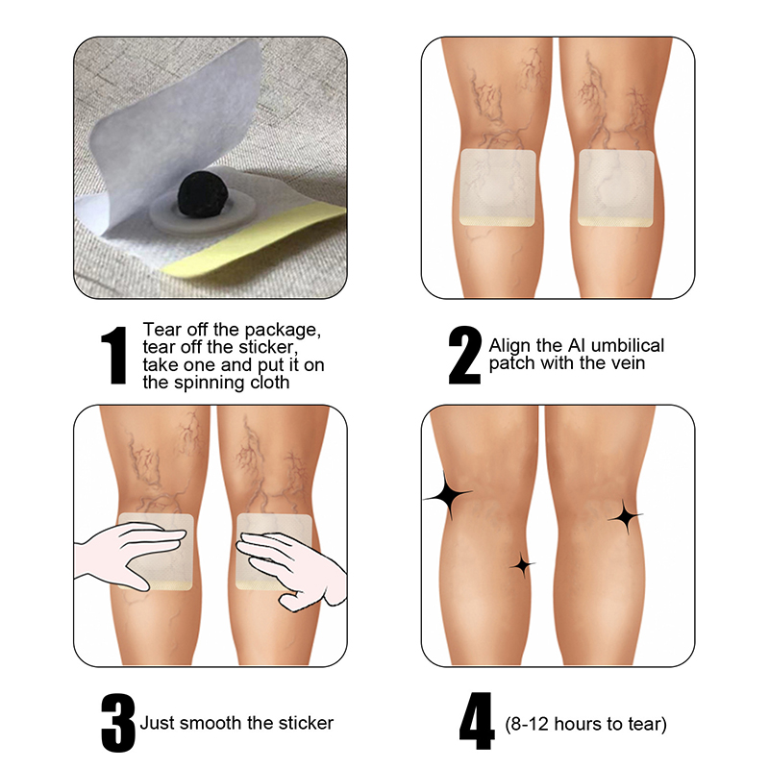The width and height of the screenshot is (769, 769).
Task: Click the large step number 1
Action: tap(113, 355)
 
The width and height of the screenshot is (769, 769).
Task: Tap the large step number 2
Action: tap(464, 355)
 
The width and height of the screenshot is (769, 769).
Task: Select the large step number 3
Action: tap(117, 723)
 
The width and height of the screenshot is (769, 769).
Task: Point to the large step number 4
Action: tap(477, 722)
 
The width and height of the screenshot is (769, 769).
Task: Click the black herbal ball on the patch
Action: tap(196, 196)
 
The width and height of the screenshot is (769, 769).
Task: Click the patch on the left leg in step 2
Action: tap(497, 187)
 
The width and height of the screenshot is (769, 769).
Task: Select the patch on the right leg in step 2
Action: tap(616, 188)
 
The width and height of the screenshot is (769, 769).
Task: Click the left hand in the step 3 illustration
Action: tap(129, 552)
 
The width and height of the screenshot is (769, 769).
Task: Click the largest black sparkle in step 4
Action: tap(447, 495)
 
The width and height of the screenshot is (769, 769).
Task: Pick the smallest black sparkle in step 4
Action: tap(523, 565)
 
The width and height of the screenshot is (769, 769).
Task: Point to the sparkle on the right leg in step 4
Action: tap(626, 516)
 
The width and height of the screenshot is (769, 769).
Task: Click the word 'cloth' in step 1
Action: tap(270, 383)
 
